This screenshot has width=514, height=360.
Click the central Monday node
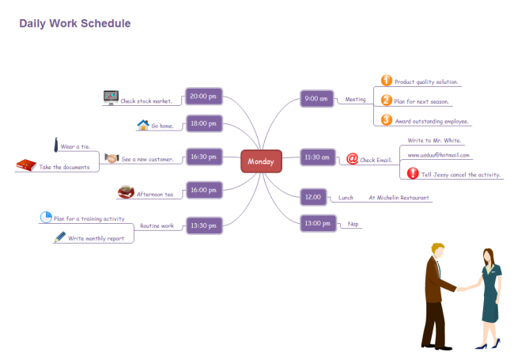pos(261,161)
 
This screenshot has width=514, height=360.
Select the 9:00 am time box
pos(316,99)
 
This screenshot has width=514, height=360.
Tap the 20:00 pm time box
pos(203,97)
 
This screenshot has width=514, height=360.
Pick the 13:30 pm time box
pos(203,225)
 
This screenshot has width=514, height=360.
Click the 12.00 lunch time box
pos(313,196)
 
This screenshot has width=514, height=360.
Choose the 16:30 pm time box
pos(203,157)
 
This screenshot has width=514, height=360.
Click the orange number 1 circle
pos(386,80)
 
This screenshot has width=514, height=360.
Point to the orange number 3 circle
pos(386,119)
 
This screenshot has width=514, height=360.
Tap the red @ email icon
pos(353,158)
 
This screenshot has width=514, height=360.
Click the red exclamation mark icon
pos(412,173)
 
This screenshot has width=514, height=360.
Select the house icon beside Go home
pos(143,125)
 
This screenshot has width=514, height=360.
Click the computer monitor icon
pos(110,98)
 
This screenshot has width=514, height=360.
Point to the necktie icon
pos(56,145)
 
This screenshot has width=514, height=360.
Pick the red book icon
pos(26,165)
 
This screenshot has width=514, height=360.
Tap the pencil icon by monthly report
pos(59,237)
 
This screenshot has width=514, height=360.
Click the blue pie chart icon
pos(46,217)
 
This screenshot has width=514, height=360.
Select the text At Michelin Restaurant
pos(399,197)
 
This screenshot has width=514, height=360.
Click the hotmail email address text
pos(438,155)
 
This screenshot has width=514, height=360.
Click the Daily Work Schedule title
pos(75,24)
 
